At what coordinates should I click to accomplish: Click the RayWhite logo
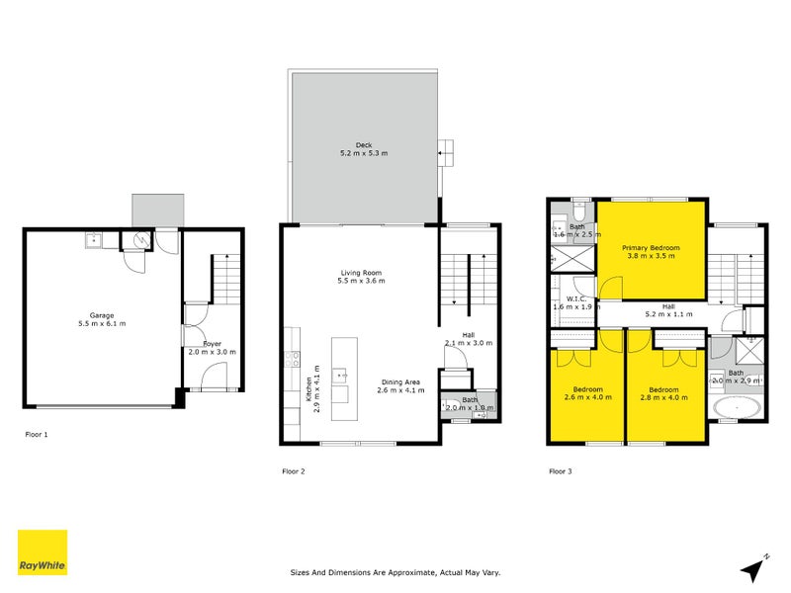pos(43,552)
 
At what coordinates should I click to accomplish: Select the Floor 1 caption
pos(37,434)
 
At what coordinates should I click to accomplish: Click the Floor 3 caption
pos(560,471)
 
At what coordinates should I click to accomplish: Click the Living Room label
pos(358,273)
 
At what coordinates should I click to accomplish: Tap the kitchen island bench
pos(341,371)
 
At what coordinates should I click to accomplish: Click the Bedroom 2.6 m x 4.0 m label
pos(587,389)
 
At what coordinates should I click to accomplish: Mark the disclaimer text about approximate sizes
pos(393,571)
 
